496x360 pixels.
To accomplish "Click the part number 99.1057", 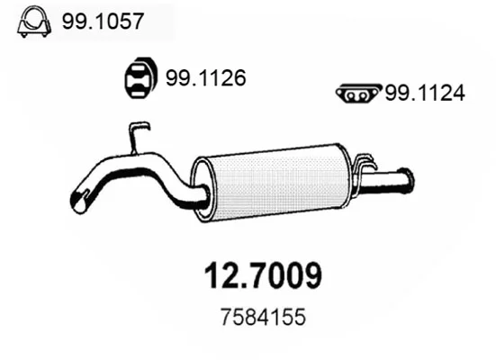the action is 104,22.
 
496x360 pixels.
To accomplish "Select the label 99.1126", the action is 206,77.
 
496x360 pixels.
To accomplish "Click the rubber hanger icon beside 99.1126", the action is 140,77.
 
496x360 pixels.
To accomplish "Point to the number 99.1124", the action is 425,93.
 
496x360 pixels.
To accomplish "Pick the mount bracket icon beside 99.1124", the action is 358,94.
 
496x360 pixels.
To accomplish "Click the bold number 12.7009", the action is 263,275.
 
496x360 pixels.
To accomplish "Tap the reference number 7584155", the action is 263,317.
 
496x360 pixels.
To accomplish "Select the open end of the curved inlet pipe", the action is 79,201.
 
